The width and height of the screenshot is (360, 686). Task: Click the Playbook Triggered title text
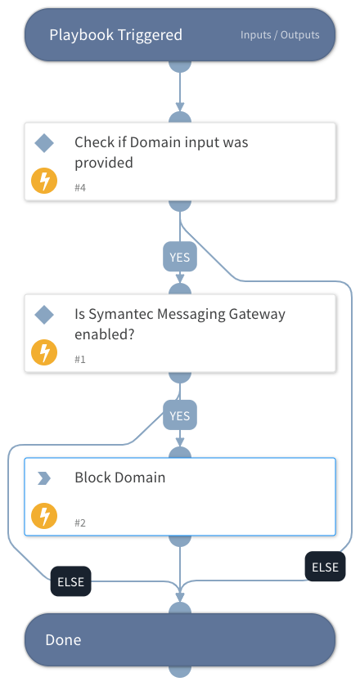(115, 34)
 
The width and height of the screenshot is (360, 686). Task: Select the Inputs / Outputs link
(280, 35)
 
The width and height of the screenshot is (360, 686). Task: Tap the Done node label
(63, 639)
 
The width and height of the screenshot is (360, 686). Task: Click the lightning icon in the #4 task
(43, 181)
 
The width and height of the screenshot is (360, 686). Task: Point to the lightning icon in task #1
(43, 352)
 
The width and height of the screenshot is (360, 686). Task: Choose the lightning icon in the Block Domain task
(43, 515)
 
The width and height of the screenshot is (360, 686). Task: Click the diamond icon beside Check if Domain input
(44, 143)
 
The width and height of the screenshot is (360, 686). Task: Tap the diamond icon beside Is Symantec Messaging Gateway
(44, 315)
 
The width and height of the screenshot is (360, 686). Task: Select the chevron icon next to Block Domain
(44, 478)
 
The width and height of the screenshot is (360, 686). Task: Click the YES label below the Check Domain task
(179, 257)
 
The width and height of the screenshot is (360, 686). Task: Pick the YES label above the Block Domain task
(179, 415)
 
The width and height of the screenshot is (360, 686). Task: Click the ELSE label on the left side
(70, 583)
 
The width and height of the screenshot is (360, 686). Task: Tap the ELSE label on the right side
(325, 567)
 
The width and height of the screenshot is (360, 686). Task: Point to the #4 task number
(80, 188)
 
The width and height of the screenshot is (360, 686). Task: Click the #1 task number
(80, 360)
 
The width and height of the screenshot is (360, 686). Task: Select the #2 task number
(80, 522)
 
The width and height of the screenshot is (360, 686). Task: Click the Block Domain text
(119, 478)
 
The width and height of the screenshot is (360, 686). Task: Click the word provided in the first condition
(103, 162)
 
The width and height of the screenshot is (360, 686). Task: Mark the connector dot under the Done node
(179, 671)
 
